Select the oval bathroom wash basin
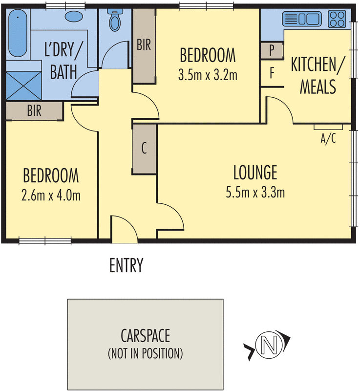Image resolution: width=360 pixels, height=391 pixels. (75, 16)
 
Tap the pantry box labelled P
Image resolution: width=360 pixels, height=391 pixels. (272, 50)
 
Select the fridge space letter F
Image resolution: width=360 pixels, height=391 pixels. (272, 73)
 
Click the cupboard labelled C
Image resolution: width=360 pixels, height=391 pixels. (144, 149)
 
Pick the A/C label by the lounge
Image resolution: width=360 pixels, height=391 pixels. (328, 139)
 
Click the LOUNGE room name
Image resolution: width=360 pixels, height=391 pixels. (255, 173)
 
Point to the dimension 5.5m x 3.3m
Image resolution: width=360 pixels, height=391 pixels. (255, 193)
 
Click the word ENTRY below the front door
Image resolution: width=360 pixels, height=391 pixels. (126, 265)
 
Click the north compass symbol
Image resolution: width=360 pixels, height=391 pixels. (268, 344)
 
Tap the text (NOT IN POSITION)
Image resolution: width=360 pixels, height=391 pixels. (146, 352)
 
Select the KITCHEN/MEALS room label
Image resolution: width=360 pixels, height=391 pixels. (314, 76)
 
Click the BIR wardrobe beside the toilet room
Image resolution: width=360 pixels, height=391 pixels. (144, 45)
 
